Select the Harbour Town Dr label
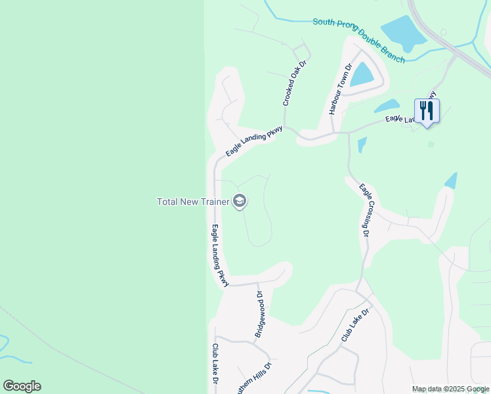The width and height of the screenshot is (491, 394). pyautogui.click(x=341, y=89)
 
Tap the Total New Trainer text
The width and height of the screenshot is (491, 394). pyautogui.click(x=193, y=202)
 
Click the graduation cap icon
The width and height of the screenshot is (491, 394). pyautogui.click(x=240, y=201)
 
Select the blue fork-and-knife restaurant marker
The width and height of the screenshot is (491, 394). pyautogui.click(x=427, y=111)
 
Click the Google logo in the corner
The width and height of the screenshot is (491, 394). pyautogui.click(x=22, y=386)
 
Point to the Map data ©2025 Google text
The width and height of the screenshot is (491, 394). pyautogui.click(x=450, y=389)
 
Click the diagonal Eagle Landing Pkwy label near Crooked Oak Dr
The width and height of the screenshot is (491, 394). pyautogui.click(x=253, y=141)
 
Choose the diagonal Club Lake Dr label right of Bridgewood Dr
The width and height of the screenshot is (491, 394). pyautogui.click(x=356, y=325)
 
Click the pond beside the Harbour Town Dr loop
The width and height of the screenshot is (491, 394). pyautogui.click(x=362, y=74)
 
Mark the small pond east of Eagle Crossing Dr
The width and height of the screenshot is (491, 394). pyautogui.click(x=450, y=181)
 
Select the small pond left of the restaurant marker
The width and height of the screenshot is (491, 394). pyautogui.click(x=387, y=106)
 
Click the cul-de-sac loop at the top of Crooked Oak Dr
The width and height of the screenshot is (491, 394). pyautogui.click(x=303, y=51)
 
